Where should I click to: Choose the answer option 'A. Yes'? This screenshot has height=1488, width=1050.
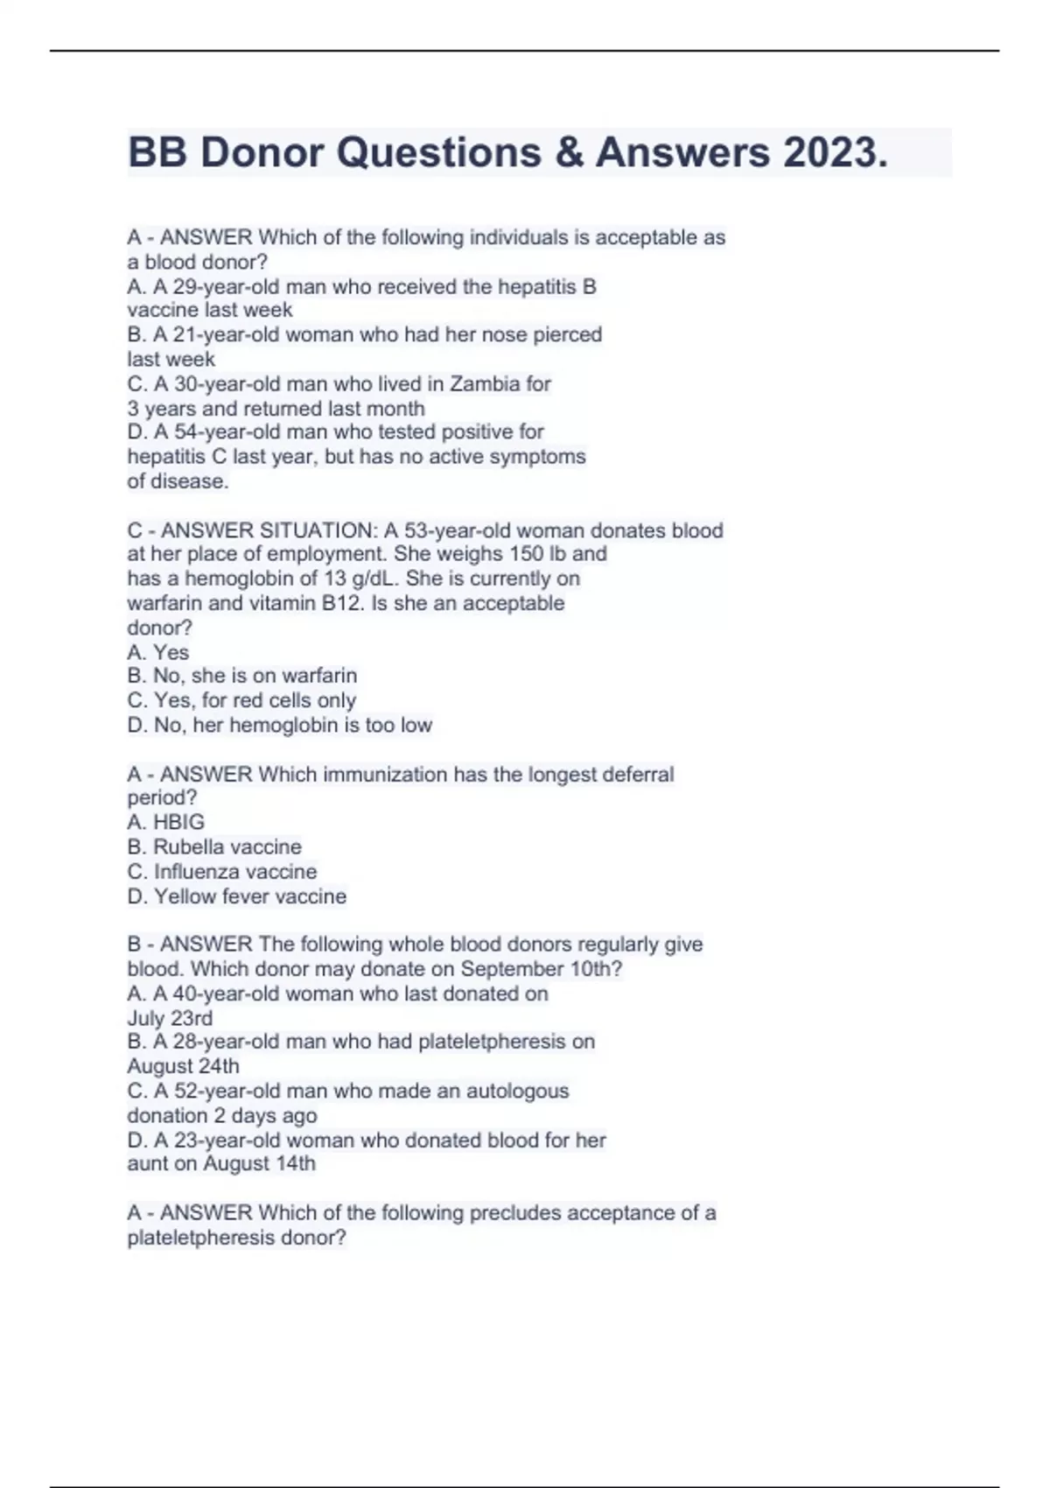click(x=157, y=652)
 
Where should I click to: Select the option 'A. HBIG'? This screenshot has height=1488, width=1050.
click(x=165, y=822)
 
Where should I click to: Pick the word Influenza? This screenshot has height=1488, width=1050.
click(x=188, y=872)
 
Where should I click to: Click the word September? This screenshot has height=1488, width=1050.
click(x=512, y=969)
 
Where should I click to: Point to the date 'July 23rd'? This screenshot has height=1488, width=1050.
click(x=170, y=1018)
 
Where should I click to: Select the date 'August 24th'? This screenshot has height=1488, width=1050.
click(x=183, y=1066)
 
